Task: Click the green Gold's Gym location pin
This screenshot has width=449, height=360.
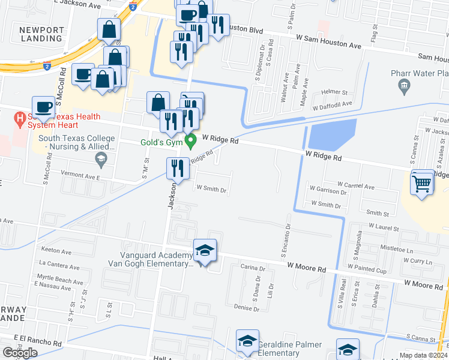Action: click(x=191, y=142)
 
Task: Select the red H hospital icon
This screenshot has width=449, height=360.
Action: click(x=20, y=118)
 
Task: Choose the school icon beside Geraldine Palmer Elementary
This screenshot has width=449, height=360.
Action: click(x=247, y=341)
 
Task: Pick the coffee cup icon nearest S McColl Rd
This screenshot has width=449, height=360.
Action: click(x=43, y=107)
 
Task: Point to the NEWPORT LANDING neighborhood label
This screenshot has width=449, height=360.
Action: click(x=41, y=35)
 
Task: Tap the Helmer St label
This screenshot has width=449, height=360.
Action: click(x=334, y=92)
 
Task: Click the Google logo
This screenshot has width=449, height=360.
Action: click(x=20, y=353)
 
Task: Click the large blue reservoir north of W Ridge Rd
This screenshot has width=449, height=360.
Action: click(x=333, y=134)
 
